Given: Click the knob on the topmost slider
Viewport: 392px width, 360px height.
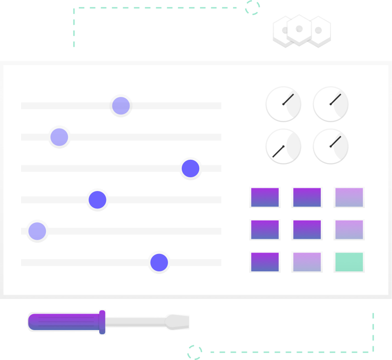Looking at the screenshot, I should click(x=121, y=106).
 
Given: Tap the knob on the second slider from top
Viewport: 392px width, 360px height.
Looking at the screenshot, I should click(x=59, y=137).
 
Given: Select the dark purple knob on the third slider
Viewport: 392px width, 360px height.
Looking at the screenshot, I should click(x=190, y=169).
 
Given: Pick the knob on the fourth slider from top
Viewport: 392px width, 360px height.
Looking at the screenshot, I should click(x=97, y=200).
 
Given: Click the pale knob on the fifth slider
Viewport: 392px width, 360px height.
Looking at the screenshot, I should click(x=37, y=231).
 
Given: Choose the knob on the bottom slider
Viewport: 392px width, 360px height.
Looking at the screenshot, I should click(x=159, y=263).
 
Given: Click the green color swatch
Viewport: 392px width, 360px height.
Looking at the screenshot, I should click(x=349, y=262).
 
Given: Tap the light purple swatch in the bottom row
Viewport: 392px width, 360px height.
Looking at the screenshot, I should click(x=307, y=262).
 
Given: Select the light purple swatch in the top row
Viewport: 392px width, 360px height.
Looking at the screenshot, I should click(x=349, y=197).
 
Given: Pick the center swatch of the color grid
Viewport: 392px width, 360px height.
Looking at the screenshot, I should click(x=307, y=230).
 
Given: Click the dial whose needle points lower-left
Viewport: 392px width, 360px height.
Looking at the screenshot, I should click(x=283, y=146).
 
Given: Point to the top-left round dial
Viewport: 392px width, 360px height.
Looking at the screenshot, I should click(x=283, y=104).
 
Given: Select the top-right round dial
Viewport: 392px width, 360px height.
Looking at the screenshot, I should click(x=330, y=104).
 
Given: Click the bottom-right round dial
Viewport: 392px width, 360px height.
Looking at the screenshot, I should click(x=330, y=146).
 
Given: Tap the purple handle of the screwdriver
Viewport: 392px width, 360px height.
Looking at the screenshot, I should click(x=64, y=322).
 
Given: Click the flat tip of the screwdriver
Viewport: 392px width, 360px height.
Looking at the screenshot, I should click(x=179, y=322).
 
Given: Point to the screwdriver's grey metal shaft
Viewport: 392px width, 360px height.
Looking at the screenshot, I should click(x=135, y=322).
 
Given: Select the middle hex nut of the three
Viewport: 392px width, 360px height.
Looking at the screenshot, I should click(x=299, y=30).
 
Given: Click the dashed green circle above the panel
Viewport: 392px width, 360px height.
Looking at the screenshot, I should click(x=252, y=7).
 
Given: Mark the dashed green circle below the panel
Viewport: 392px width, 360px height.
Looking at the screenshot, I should click(x=195, y=353).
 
